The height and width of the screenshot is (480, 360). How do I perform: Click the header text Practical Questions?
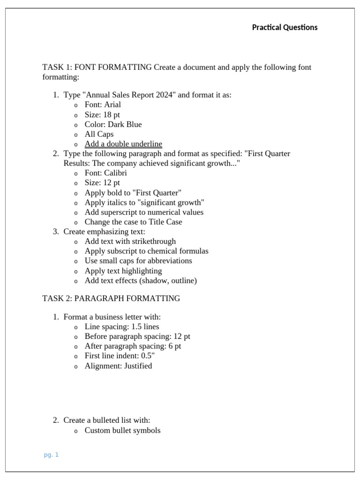click(x=285, y=27)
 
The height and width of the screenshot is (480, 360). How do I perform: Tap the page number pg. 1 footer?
click(x=51, y=455)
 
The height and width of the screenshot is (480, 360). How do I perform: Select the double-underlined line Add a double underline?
click(x=123, y=144)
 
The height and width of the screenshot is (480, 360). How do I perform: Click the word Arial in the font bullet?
click(x=112, y=105)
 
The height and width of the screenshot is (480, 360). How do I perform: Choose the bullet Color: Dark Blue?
click(x=113, y=124)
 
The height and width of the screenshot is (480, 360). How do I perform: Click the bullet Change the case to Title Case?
click(x=133, y=222)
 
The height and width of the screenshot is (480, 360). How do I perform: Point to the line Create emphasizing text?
click(x=105, y=232)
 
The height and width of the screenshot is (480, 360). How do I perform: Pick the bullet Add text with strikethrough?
click(x=130, y=241)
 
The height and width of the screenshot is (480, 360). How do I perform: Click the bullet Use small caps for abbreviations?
click(x=138, y=261)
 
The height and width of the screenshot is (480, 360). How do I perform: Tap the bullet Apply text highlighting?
click(x=123, y=271)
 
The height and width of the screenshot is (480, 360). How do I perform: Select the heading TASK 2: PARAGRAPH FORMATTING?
click(x=111, y=298)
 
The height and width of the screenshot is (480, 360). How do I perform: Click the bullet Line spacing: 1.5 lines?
click(x=122, y=327)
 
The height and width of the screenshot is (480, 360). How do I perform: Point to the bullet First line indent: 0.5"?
click(x=120, y=356)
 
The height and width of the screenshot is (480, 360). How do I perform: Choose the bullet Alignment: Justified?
click(x=118, y=366)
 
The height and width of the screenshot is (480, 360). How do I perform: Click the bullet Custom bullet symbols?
click(x=122, y=430)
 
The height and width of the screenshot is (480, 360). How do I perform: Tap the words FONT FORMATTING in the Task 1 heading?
click(x=113, y=67)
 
